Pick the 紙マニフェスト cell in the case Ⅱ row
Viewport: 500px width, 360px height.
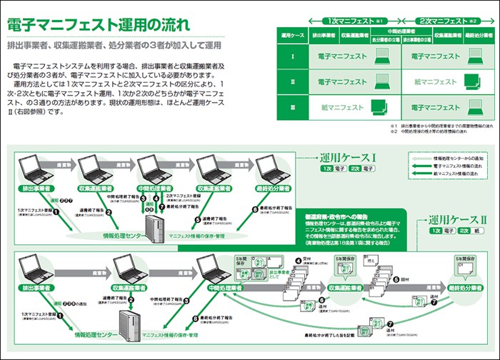[x=435, y=81]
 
